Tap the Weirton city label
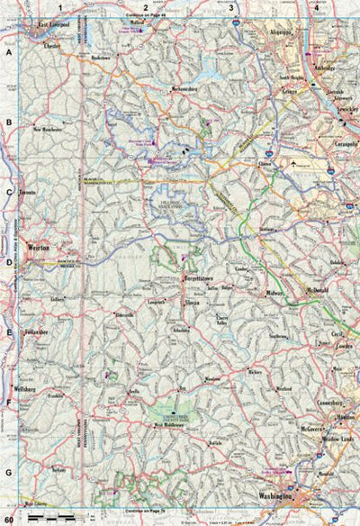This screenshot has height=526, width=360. (x=38, y=245)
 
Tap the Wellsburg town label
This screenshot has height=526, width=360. (x=30, y=390)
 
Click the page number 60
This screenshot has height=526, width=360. (x=9, y=520)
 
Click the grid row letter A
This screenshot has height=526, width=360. (x=8, y=52)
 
